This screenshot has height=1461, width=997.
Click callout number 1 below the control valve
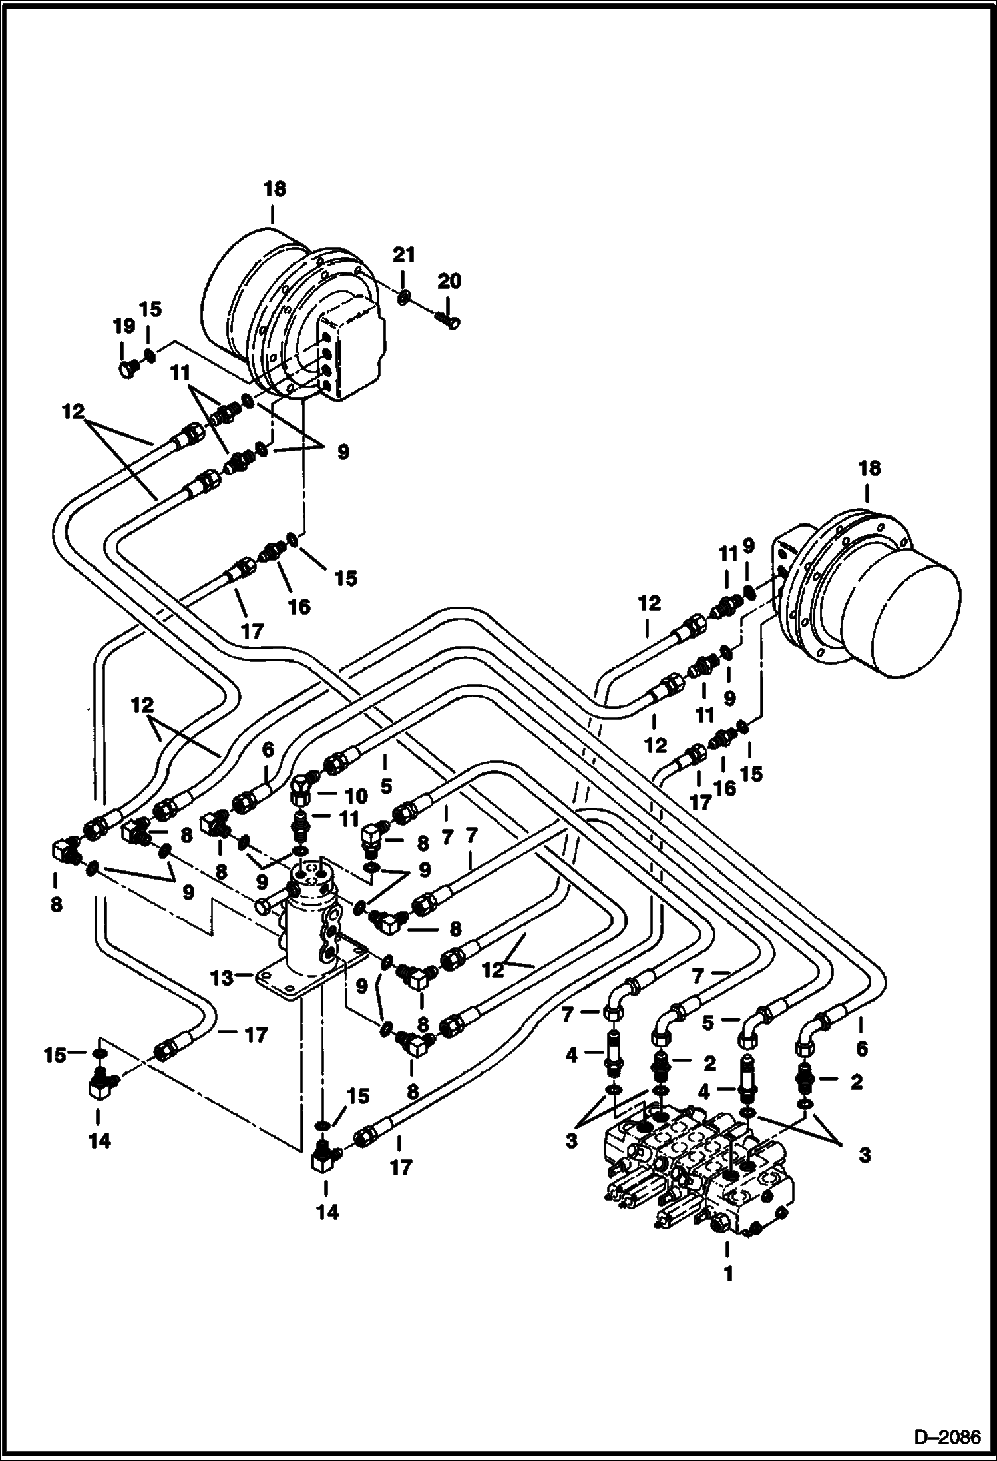pos(728,1274)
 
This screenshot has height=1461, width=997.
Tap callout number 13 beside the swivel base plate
pos(222,978)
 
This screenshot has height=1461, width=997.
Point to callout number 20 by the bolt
pos(449,281)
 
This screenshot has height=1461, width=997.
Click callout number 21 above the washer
pos(403,255)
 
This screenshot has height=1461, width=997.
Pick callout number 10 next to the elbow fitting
pos(356,796)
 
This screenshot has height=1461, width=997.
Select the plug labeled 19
pos(126,368)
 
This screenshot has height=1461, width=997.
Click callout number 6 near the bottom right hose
pos(861,1049)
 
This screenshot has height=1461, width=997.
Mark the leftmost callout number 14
pos(99,1141)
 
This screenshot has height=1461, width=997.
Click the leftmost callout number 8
pos(56,904)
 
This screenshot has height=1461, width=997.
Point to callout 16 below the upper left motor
pos(299,606)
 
